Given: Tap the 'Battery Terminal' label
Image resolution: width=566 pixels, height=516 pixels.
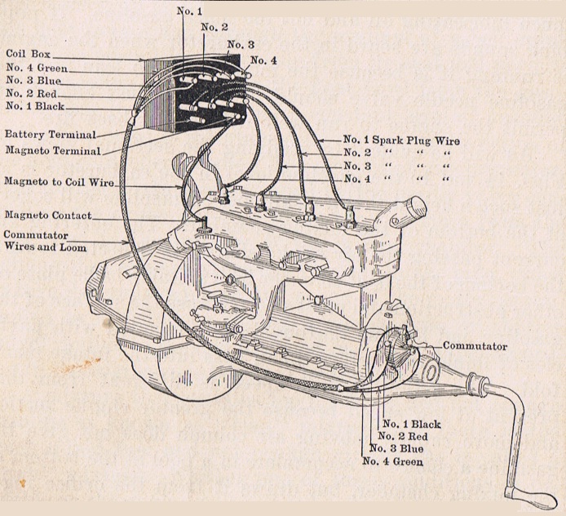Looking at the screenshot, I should coord(50,134).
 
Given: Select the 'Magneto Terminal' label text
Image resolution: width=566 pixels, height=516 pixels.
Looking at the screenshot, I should coord(52,150).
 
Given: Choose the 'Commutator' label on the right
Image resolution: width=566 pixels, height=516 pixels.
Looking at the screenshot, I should coord(475,346).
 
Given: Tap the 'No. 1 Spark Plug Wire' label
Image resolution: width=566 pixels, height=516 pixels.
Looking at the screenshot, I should coord(400,140).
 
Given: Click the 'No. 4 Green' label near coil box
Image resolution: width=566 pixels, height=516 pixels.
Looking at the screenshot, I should coord(37,69).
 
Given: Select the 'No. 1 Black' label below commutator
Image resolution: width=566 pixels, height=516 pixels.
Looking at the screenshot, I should coord(411,424).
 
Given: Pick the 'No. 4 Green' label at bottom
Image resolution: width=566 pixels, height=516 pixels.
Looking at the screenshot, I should coord(392,460).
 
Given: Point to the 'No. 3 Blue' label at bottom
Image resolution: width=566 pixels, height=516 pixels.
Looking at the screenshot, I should coord(396,448).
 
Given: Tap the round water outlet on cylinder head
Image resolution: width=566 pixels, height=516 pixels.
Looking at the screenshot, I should coord(416,205).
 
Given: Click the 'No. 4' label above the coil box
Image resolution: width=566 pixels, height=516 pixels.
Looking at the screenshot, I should coord(263,60).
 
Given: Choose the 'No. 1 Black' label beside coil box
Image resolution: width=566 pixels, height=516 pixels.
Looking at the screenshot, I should coord(35,106).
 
